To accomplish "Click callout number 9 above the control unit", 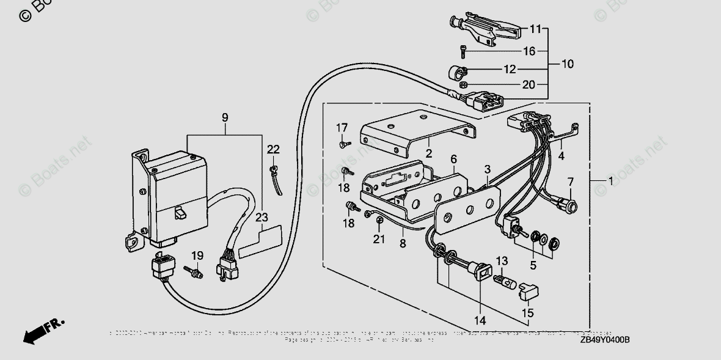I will [x=225, y=116].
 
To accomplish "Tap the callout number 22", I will [x=273, y=150].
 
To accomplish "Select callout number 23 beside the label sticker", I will [x=262, y=216].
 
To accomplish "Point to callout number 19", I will [x=197, y=255].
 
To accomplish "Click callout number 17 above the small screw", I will [x=342, y=128].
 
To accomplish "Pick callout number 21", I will [x=379, y=239].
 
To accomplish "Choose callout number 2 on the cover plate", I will [x=429, y=153].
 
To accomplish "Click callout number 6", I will [x=453, y=159].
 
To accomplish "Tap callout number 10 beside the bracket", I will [x=568, y=64].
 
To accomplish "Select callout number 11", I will [x=536, y=29].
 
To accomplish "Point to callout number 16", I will [x=529, y=51].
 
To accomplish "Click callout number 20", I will [x=529, y=85].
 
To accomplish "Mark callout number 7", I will [x=571, y=182].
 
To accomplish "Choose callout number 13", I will [x=501, y=262].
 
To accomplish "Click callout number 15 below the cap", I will [x=527, y=313].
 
